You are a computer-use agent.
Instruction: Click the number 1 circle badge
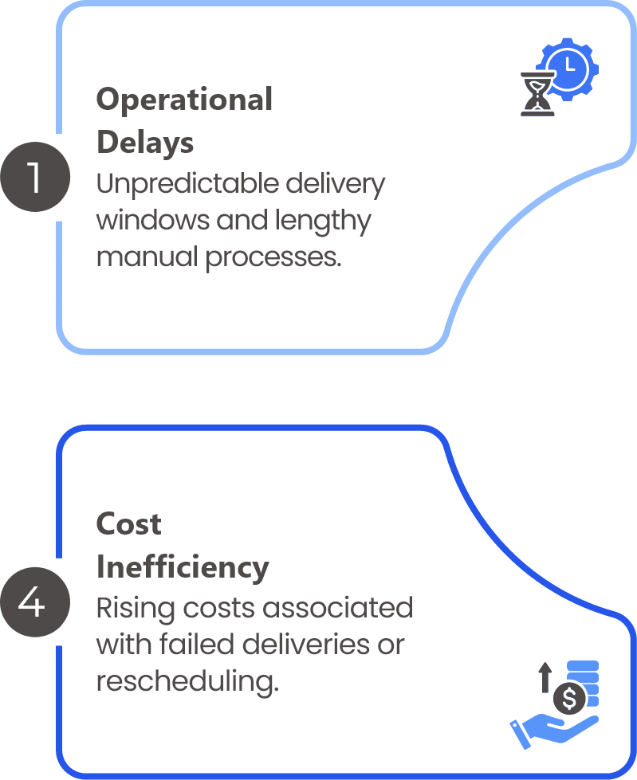click(x=34, y=177)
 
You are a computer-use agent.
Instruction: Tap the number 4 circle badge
click(x=34, y=602)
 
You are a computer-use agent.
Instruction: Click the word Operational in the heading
click(x=184, y=100)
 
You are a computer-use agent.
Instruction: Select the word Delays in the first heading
click(x=145, y=143)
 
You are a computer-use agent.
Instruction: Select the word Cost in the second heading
click(x=128, y=524)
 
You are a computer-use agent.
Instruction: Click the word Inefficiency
click(x=183, y=567)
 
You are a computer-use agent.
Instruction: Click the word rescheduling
click(x=187, y=682)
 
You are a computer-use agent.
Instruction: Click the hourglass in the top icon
click(x=537, y=94)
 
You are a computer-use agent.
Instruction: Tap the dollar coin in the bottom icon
click(x=568, y=699)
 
